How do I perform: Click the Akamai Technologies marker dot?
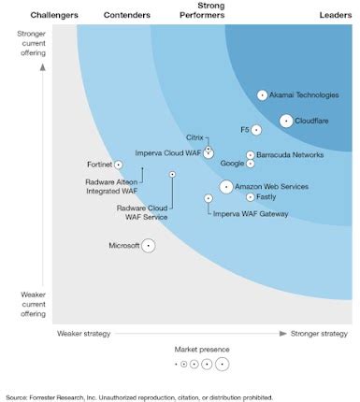pos(262,95)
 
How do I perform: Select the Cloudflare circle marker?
pos(286,121)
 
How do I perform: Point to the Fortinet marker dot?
pos(118,165)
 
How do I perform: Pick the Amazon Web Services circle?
pos(226,187)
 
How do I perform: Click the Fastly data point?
pos(250,197)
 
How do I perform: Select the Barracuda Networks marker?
pos(250,155)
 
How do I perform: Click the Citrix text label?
pos(194,137)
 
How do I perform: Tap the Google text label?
pos(232,164)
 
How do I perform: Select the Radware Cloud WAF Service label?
pos(142,212)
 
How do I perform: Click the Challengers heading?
pos(54,16)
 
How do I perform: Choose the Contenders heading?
pos(126,16)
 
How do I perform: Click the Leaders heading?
pos(336,16)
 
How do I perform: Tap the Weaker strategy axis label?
pos(84,333)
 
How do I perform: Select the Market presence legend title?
pos(202,349)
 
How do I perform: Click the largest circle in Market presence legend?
pos(222,364)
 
